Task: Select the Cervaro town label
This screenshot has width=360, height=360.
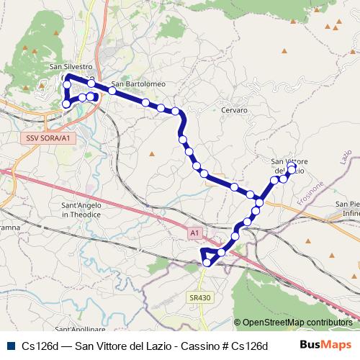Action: pyautogui.click(x=235, y=110)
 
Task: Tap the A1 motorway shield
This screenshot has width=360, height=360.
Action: pyautogui.click(x=194, y=233)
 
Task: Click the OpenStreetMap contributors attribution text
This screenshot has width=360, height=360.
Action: pyautogui.click(x=297, y=323)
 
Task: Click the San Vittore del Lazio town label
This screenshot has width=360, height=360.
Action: pyautogui.click(x=289, y=166)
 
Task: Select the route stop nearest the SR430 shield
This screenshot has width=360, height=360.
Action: pyautogui.click(x=207, y=263)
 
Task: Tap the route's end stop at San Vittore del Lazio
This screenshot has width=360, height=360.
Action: pyautogui.click(x=292, y=166)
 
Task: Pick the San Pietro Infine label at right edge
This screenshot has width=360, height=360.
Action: pyautogui.click(x=348, y=209)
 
